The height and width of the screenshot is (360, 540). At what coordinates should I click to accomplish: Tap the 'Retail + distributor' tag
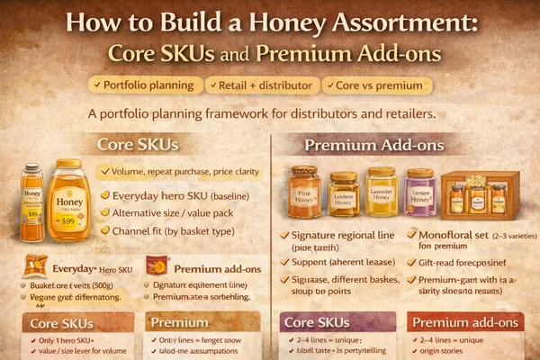259,85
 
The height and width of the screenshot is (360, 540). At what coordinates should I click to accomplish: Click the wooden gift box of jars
480,194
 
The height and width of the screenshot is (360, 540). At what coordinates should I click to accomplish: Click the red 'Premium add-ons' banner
463,322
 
